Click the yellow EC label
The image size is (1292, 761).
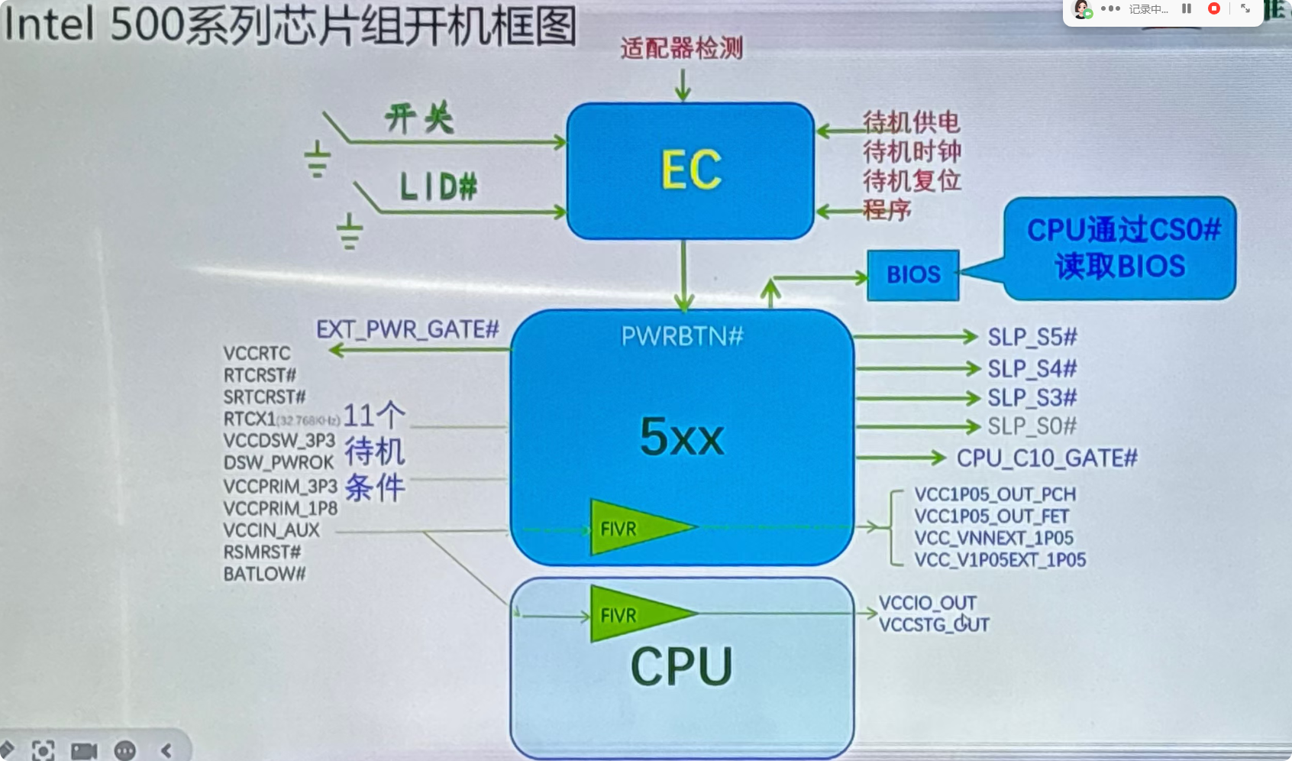[691, 170]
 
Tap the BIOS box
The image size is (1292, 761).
[913, 274]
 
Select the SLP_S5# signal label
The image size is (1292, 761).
[1032, 337]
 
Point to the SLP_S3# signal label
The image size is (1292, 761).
[1032, 398]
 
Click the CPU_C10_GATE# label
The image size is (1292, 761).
[1047, 458]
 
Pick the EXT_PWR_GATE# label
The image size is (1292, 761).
[407, 329]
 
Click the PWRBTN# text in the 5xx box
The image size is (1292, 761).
[682, 335]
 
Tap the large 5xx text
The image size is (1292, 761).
[682, 436]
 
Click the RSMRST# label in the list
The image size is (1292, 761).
[262, 552]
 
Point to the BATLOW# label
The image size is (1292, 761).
[264, 574]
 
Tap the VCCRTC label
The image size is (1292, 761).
[257, 353]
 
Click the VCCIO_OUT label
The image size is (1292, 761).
[927, 603]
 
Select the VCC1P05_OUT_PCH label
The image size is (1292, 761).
[995, 494]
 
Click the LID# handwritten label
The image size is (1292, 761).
[438, 186]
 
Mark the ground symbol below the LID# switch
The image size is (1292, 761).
[350, 232]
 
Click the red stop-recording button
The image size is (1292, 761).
[1213, 8]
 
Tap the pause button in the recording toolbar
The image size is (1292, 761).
[1187, 8]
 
